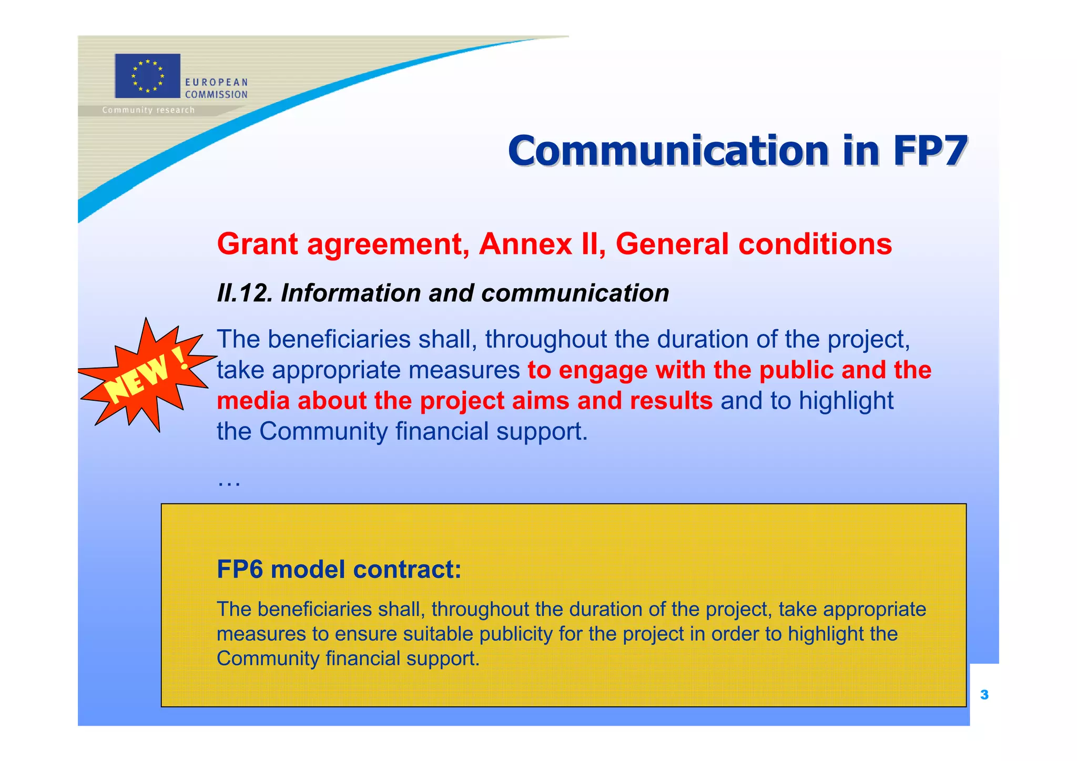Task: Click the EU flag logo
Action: click(x=147, y=76)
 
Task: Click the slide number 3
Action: click(x=984, y=695)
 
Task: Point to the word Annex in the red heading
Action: click(x=525, y=244)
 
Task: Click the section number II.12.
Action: click(x=245, y=293)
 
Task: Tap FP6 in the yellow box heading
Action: click(x=239, y=569)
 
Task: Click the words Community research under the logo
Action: click(x=148, y=110)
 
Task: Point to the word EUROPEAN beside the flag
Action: click(x=216, y=83)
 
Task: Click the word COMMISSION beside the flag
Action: click(x=216, y=95)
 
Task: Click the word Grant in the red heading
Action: click(x=258, y=244)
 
